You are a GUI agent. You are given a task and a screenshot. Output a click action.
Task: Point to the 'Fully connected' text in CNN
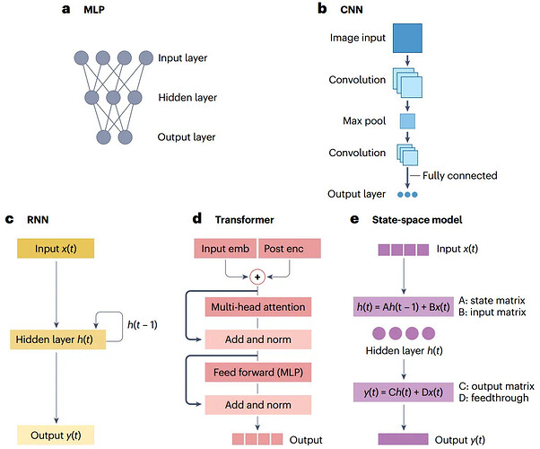tap(459, 176)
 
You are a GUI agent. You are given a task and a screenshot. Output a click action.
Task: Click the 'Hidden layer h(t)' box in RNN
tap(55, 339)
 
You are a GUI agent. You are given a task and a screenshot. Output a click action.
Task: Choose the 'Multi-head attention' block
tap(258, 307)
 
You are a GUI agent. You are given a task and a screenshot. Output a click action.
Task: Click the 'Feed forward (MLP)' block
tap(258, 370)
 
